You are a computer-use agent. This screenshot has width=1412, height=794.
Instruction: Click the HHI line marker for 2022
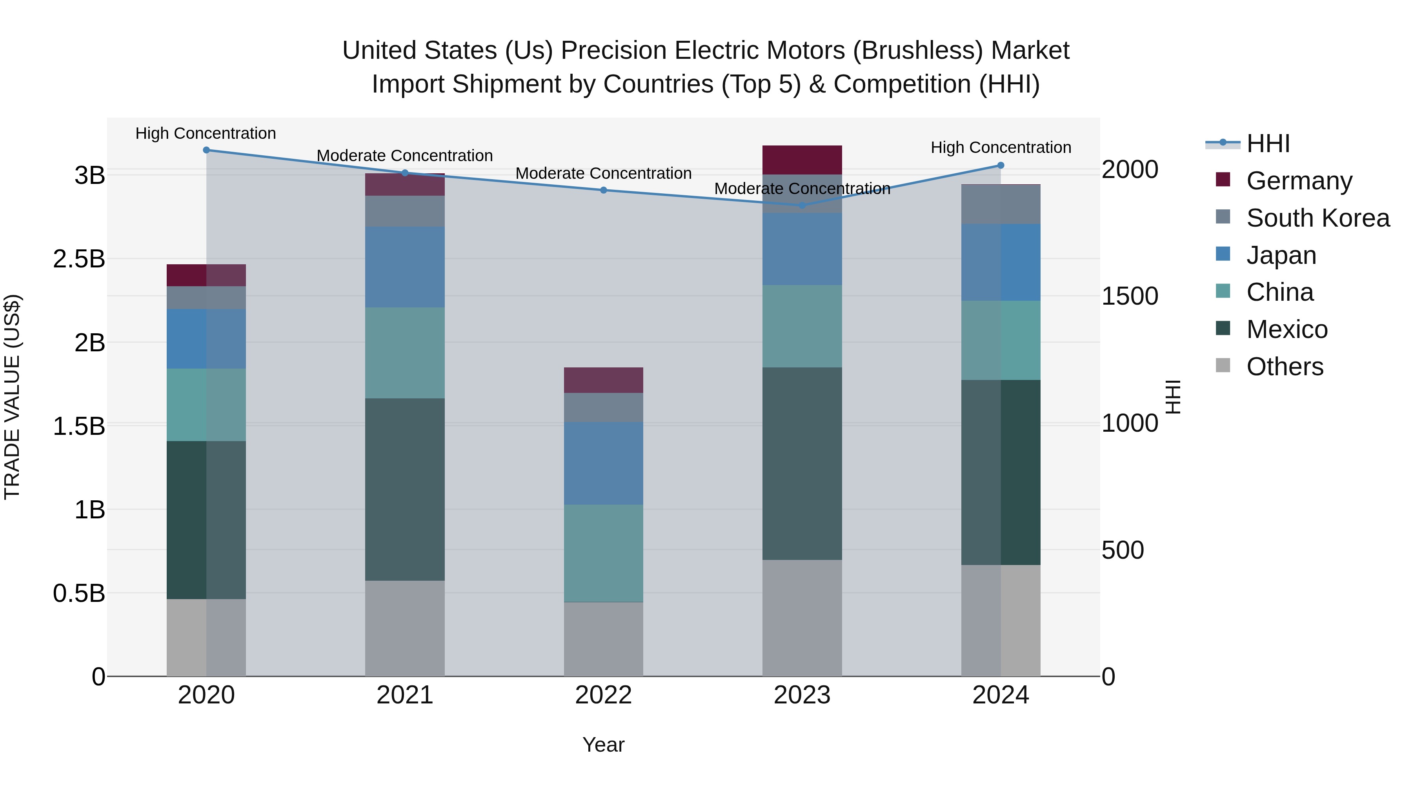coord(604,190)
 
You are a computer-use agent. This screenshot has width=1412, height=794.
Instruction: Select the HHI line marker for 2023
coord(802,205)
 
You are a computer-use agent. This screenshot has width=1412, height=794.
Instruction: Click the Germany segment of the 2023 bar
coord(802,160)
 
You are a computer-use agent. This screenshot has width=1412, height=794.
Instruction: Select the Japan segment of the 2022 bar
coord(604,463)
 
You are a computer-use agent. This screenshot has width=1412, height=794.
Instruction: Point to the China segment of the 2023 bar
coord(802,326)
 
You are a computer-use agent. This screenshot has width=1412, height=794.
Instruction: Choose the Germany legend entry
coord(1299,181)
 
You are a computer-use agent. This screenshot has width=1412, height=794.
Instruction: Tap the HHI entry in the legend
coord(1267,144)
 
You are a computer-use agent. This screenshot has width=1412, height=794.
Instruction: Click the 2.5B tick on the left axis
coord(79,259)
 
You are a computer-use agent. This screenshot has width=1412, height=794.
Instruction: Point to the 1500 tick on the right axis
coord(1130,296)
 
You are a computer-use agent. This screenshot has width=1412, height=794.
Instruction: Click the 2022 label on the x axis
coord(604,695)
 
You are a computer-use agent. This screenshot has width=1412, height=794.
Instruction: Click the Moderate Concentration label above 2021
coord(404,156)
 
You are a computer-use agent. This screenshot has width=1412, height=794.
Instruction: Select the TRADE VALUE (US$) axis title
coord(12,397)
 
